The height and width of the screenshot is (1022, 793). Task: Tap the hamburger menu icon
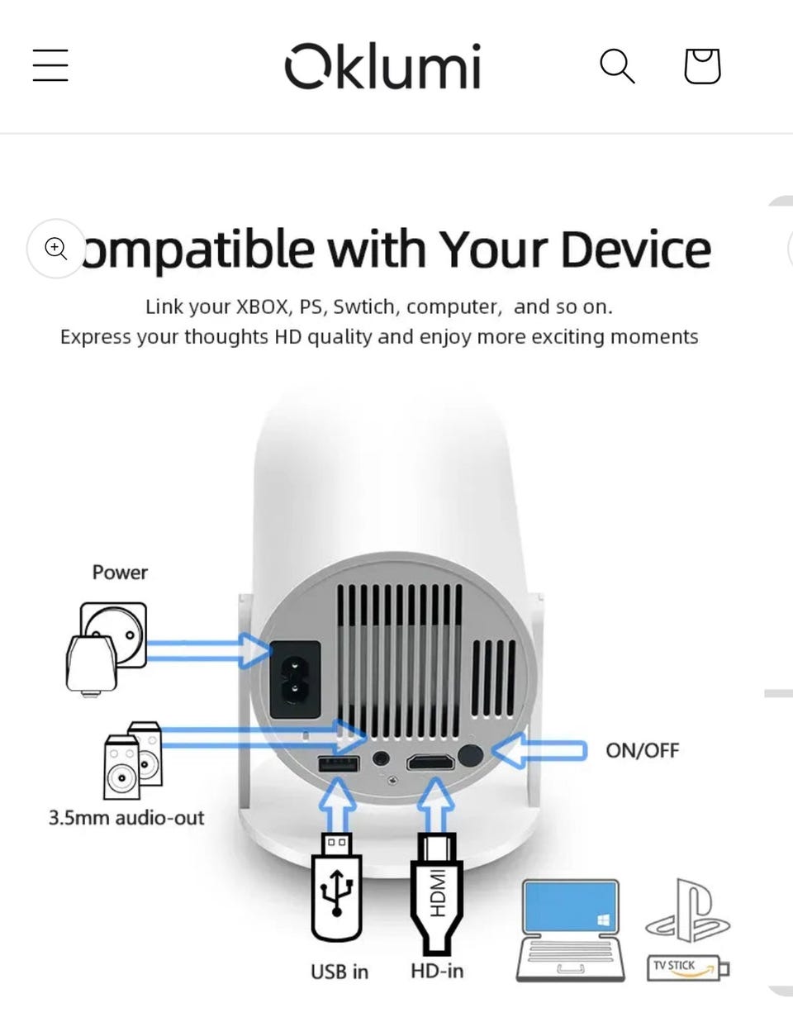[50, 65]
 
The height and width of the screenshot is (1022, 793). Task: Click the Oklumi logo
[382, 65]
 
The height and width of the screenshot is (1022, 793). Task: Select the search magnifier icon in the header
[617, 66]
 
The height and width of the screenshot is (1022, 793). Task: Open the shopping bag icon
[702, 66]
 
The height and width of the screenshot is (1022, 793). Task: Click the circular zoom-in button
[56, 248]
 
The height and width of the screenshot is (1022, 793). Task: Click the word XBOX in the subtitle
[262, 307]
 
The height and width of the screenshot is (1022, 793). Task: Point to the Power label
[120, 573]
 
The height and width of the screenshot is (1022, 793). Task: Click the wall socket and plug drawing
[107, 648]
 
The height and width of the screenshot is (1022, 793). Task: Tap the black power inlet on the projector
[295, 679]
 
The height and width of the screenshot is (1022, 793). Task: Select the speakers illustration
[133, 760]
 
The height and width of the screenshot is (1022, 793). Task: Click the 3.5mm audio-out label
[126, 819]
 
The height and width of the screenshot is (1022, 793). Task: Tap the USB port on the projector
[339, 763]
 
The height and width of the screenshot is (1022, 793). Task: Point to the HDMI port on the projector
[430, 762]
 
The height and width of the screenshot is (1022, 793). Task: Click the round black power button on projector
[471, 755]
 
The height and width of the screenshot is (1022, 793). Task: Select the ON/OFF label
[642, 751]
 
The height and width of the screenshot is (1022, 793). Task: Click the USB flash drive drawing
[336, 887]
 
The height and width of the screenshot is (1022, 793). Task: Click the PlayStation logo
[687, 911]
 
